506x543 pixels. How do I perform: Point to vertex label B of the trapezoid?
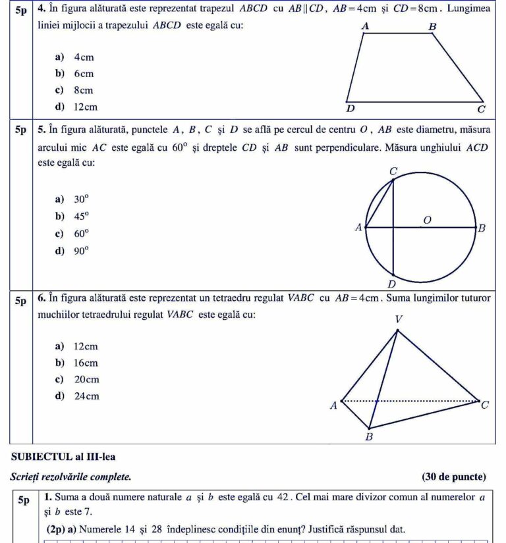(x=432, y=27)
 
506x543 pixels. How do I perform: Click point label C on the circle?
(x=393, y=171)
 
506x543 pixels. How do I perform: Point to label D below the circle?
(x=391, y=284)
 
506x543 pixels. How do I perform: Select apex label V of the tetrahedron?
(x=398, y=319)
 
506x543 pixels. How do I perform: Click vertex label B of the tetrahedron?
(x=369, y=437)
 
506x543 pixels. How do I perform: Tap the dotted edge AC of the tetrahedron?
(x=422, y=400)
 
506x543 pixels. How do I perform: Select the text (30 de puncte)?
(x=453, y=477)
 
